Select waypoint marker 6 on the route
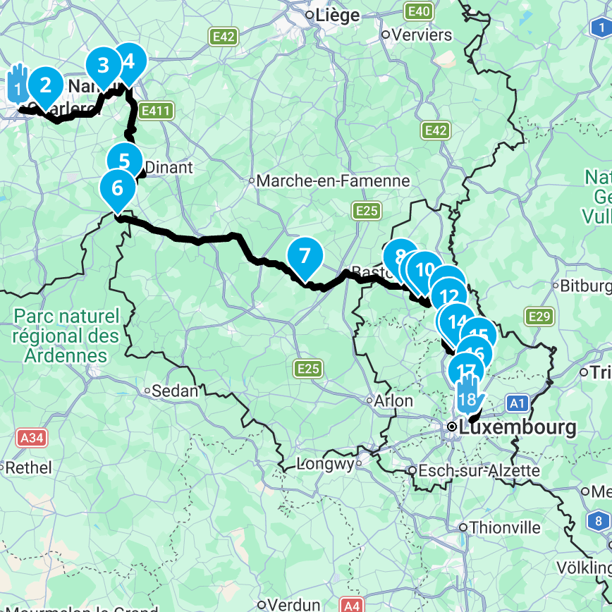click(x=117, y=189)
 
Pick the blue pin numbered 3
click(x=104, y=66)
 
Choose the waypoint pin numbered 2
click(x=46, y=85)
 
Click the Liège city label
click(x=337, y=15)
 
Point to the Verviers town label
click(x=420, y=35)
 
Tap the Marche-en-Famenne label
click(x=333, y=181)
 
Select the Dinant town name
click(x=168, y=168)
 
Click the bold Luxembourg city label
click(x=517, y=427)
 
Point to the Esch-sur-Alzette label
click(x=479, y=470)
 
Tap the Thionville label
click(x=505, y=527)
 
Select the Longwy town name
click(x=329, y=464)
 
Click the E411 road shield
click(x=157, y=111)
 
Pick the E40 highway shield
click(x=419, y=11)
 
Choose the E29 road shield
click(x=539, y=317)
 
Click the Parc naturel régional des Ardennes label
click(x=66, y=336)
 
